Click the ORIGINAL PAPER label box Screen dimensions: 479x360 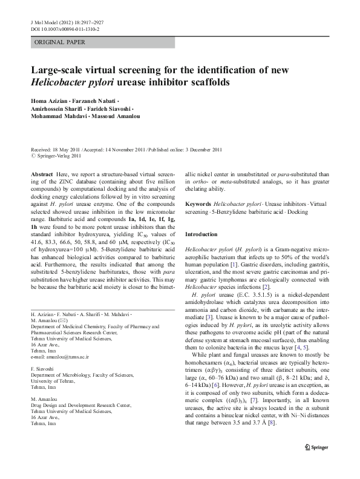click(x=60, y=42)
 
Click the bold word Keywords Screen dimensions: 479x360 click(x=198, y=203)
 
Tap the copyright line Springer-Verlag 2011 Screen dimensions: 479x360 click(x=58, y=154)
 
